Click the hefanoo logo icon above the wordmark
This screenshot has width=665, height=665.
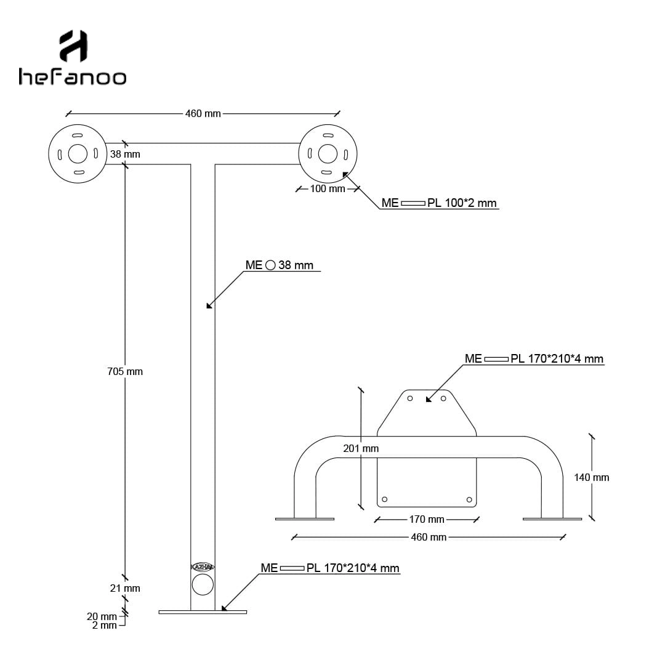tap(73, 46)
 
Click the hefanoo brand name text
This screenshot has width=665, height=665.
tap(73, 77)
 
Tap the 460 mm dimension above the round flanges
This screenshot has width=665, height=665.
tap(203, 114)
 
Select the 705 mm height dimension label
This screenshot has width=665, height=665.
tap(125, 371)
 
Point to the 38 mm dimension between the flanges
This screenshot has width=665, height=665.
tap(125, 154)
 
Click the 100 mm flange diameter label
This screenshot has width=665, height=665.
tap(328, 189)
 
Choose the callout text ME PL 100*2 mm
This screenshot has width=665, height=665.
tap(439, 203)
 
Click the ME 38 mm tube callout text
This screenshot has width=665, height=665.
tap(280, 265)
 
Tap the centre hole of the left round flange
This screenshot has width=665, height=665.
tap(78, 153)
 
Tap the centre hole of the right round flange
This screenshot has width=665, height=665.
tap(328, 153)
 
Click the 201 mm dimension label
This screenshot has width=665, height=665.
tap(361, 448)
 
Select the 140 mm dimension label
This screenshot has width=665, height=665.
tap(592, 478)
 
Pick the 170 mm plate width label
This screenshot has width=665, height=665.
tap(427, 519)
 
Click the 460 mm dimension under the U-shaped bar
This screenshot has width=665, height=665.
tap(429, 537)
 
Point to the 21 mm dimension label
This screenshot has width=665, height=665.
tap(125, 588)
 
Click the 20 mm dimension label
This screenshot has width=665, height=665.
tap(102, 616)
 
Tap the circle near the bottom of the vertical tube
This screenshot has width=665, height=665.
tap(203, 585)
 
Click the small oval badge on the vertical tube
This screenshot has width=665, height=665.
tap(203, 567)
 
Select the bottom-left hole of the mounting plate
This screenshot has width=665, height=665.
tap(385, 499)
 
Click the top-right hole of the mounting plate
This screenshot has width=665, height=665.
tap(443, 398)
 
